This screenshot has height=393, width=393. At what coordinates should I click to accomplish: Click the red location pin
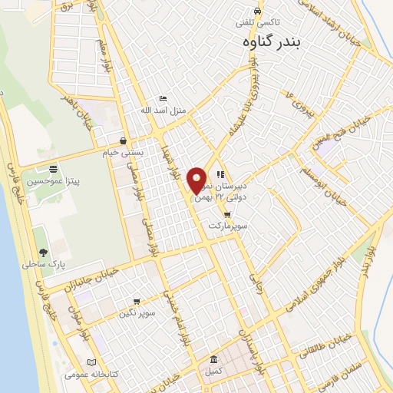(x=197, y=180)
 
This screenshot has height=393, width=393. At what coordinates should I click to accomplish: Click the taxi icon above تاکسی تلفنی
(x=259, y=12)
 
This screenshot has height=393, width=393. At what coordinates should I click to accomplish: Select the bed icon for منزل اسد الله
(x=162, y=99)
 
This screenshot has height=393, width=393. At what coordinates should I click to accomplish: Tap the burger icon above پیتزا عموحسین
(x=53, y=170)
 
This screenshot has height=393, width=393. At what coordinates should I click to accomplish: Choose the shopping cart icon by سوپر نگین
(x=137, y=302)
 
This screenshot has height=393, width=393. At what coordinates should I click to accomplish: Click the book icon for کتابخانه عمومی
(x=92, y=362)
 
